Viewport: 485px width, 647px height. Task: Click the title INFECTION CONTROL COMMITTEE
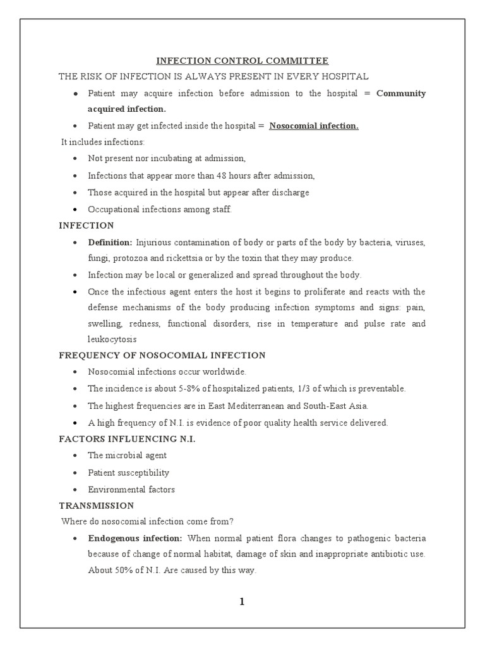click(242, 61)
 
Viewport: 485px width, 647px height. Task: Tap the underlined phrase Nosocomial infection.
click(314, 126)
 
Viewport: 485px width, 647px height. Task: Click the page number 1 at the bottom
click(242, 602)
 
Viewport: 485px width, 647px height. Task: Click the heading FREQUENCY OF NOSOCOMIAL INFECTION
click(162, 356)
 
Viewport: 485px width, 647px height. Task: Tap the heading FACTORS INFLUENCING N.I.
click(127, 438)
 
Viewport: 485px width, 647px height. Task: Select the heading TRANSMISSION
click(96, 505)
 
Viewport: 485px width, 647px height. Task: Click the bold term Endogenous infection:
click(135, 538)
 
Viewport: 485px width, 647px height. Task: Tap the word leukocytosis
click(112, 339)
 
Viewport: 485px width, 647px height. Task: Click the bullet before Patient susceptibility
click(76, 473)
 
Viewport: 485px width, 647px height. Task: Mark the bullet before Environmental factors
click(76, 490)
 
